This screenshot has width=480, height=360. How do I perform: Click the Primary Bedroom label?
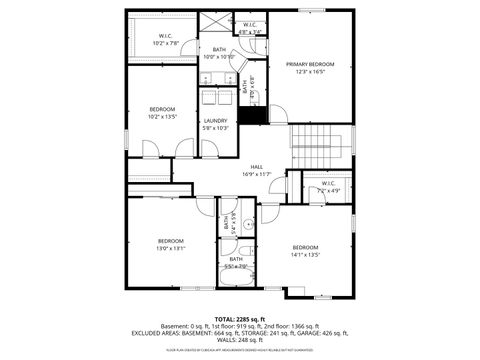click(x=308, y=64)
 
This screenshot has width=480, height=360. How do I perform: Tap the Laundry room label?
click(x=216, y=121)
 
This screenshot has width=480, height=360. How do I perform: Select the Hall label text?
click(x=257, y=167)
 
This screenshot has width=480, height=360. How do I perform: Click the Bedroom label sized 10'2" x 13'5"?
click(x=162, y=109)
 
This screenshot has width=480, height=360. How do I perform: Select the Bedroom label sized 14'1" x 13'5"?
click(x=304, y=247)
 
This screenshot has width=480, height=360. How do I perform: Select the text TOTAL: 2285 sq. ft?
click(x=240, y=318)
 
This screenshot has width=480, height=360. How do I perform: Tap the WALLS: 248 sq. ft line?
click(x=240, y=339)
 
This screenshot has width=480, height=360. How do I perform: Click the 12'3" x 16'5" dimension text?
click(x=308, y=71)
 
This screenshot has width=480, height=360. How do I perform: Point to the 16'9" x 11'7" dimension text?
click(x=257, y=174)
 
